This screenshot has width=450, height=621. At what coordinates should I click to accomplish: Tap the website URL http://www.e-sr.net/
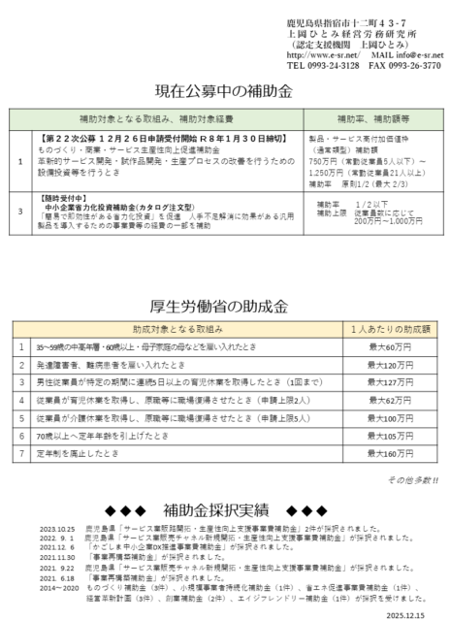pyautogui.click(x=320, y=55)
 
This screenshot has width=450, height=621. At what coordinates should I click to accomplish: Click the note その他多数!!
pyautogui.click(x=411, y=479)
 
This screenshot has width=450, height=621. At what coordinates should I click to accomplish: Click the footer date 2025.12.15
pyautogui.click(x=415, y=612)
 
